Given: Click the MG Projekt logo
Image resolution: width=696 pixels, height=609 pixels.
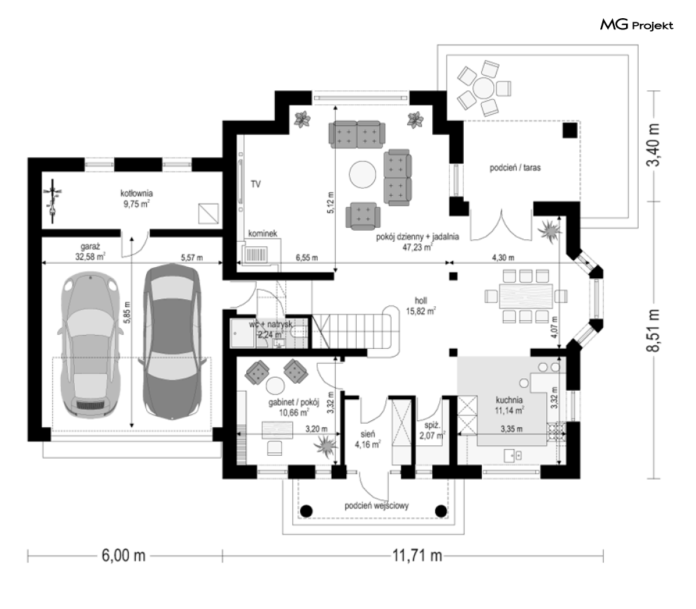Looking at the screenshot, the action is (637, 24).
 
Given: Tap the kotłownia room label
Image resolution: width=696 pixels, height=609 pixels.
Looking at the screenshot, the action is (136, 194).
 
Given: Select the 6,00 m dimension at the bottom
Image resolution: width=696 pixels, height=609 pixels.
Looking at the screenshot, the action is (124, 555).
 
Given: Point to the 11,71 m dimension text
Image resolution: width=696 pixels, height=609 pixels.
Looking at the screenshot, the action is (417, 555).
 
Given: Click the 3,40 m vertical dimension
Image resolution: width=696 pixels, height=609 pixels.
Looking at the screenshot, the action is (653, 145).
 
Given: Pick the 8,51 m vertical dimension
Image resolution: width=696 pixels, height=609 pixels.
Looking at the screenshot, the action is (653, 331).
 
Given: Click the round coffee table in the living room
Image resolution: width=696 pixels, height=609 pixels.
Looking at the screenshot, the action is (362, 174).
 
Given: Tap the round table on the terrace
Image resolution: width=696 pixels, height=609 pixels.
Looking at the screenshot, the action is (483, 88).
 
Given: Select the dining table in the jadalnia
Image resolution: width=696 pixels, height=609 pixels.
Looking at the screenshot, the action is (526, 296).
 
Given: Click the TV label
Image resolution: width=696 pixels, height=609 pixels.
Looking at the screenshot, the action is (256, 184).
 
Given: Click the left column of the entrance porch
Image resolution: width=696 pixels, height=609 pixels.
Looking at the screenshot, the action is (306, 511).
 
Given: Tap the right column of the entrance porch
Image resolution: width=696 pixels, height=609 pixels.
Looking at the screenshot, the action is (441, 511).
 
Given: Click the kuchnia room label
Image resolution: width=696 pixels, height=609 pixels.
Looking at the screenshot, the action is (509, 400).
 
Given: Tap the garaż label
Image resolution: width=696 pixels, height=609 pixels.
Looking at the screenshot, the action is (90, 247).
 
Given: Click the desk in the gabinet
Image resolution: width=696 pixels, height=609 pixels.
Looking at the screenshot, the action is (277, 430).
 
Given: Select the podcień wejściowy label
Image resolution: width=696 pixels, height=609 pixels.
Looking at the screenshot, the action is (377, 506).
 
